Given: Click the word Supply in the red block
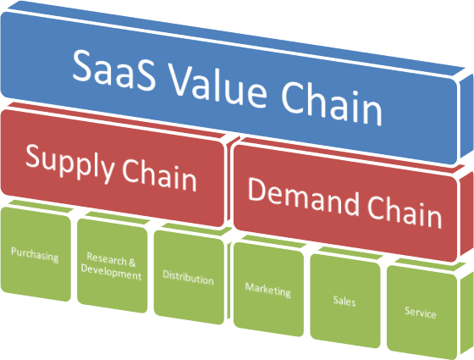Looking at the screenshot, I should (62, 160).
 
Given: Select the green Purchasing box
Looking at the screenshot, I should (35, 254).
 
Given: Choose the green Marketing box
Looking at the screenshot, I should (267, 290).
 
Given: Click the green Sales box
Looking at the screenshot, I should (344, 301).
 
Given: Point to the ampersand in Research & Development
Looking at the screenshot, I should (130, 262).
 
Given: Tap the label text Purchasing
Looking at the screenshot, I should (35, 254).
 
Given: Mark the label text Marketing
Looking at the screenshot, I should (267, 290).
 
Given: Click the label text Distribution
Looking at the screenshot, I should (188, 279).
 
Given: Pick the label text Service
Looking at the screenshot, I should (421, 313).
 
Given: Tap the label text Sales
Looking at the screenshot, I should (344, 302).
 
